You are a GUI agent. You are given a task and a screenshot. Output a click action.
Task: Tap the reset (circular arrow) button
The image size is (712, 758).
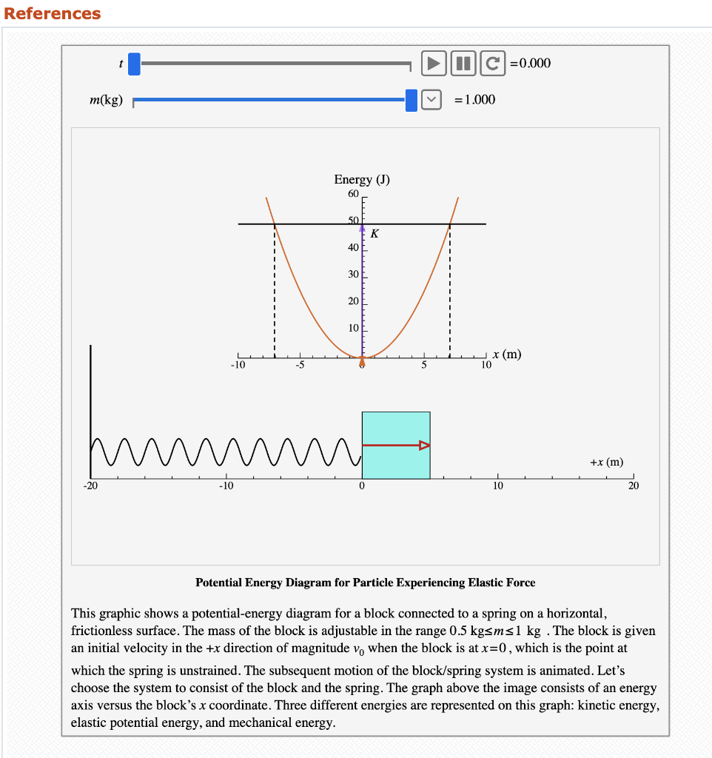[x=492, y=63]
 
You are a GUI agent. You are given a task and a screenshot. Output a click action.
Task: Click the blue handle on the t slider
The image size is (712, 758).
[x=134, y=64]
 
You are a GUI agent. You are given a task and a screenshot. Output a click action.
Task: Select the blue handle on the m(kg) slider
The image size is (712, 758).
[x=412, y=100]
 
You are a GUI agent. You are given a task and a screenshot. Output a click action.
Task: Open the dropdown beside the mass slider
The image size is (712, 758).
[x=431, y=100]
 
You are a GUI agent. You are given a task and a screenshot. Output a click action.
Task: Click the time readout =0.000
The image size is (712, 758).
[x=531, y=63]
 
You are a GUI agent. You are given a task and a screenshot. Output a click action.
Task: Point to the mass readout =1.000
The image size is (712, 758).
[x=475, y=100]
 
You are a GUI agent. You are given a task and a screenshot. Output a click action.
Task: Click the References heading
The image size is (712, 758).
[x=53, y=13]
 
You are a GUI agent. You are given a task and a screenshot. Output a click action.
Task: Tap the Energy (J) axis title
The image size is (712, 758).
[x=362, y=180]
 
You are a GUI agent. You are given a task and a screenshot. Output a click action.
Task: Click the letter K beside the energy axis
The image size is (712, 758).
[x=375, y=234]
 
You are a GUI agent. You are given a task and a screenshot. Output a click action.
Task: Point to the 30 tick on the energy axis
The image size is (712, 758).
[x=353, y=274]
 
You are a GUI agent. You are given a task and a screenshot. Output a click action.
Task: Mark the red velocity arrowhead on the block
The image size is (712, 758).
[x=424, y=445]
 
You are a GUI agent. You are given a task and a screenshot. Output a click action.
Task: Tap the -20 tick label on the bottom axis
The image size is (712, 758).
[x=90, y=486]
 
